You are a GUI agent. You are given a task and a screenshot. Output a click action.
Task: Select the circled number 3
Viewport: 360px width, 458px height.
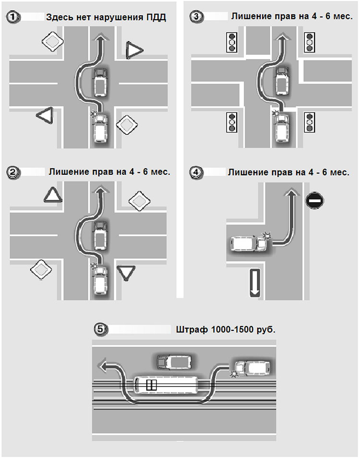pos(196,17)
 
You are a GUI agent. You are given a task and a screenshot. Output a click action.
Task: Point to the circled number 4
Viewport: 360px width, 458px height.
pos(196,172)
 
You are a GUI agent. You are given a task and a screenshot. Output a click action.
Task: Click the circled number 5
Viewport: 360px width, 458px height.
pos(100,329)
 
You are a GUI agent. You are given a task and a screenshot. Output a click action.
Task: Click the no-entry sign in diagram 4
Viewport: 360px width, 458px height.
pos(315,200)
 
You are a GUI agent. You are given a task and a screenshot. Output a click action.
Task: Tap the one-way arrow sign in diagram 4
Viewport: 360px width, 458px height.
pos(254,283)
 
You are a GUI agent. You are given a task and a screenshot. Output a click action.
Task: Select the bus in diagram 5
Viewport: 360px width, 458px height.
pos(165,385)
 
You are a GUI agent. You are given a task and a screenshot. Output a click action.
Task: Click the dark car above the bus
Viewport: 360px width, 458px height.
pos(174,362)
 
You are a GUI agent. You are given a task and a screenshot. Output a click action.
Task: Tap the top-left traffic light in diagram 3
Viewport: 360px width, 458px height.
pos(232,42)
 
